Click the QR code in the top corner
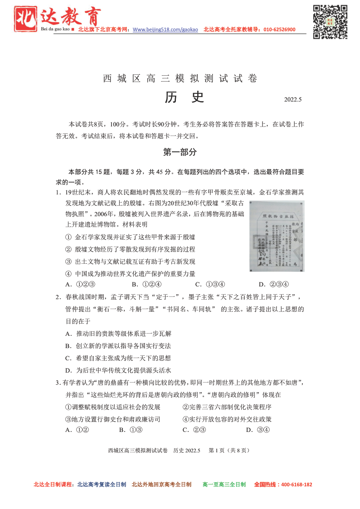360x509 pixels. click(330, 21)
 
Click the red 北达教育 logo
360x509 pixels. click(58, 19)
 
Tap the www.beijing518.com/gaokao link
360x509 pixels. click(165, 29)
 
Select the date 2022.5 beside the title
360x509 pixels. click(293, 99)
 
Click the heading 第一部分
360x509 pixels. click(180, 152)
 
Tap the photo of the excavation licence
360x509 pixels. click(277, 236)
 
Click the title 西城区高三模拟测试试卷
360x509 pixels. click(180, 78)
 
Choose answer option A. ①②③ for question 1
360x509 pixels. click(80, 285)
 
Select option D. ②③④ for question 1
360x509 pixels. click(274, 285)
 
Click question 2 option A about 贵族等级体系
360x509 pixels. click(118, 334)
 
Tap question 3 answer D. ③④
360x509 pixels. click(258, 430)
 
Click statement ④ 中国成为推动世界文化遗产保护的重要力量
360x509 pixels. click(131, 274)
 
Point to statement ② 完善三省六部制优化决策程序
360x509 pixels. click(227, 407)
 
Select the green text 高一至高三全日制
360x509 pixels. click(224, 485)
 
